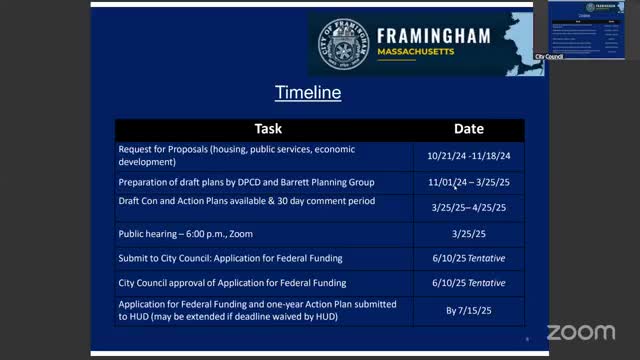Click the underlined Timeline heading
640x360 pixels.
[x=308, y=94]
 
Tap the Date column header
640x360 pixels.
[x=468, y=129]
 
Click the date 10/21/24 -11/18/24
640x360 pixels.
[x=468, y=155]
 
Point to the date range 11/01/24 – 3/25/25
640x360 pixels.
[x=468, y=183]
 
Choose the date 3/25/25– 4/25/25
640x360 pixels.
[x=468, y=207]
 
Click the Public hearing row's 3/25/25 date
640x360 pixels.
[x=468, y=235]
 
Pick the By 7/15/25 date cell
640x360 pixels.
[x=468, y=310]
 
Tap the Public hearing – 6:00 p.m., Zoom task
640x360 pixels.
[x=186, y=234]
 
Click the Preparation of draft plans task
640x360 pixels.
[x=246, y=182]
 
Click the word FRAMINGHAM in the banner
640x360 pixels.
[x=433, y=36]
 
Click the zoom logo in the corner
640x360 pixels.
[x=580, y=331]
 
